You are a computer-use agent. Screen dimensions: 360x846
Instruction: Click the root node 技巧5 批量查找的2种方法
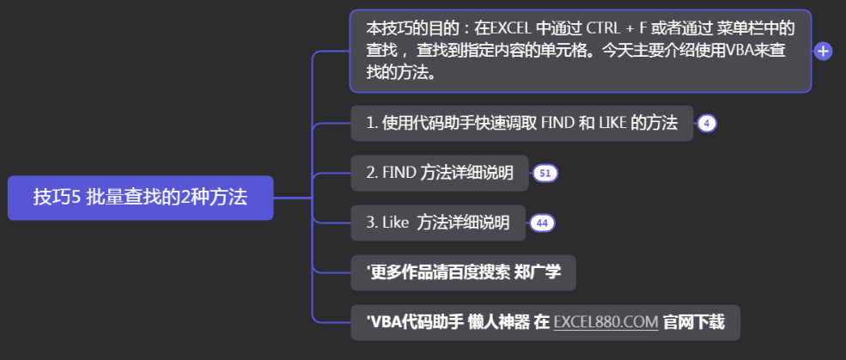[140, 198]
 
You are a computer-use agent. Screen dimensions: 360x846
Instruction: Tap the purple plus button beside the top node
[823, 52]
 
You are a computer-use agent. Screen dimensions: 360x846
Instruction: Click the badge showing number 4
[706, 123]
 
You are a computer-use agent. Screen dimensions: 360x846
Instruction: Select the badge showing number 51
[545, 174]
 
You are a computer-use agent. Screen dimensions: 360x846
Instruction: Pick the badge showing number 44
[541, 223]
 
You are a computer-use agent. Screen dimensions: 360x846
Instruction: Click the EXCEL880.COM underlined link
[606, 323]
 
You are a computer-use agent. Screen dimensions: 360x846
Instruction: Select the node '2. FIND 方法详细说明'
[439, 174]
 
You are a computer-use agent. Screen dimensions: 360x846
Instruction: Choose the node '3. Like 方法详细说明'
[437, 223]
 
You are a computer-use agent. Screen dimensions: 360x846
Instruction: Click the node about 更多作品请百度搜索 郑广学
[463, 273]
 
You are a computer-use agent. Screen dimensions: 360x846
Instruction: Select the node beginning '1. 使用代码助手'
[521, 123]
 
